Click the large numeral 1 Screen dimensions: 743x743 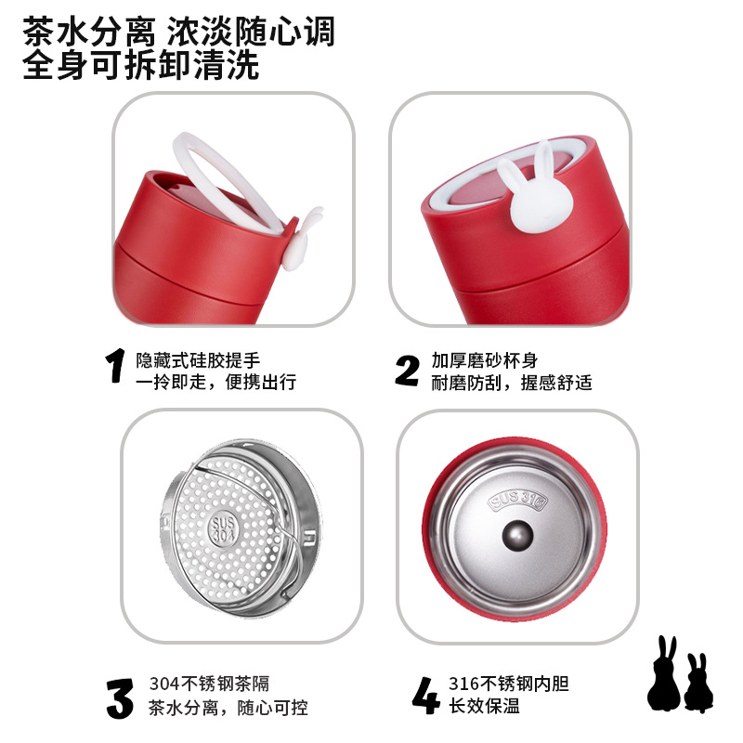coord(115,365)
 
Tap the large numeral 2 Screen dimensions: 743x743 coord(407,371)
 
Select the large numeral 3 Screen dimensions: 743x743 coord(120,698)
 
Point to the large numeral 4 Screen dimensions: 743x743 coord(425,695)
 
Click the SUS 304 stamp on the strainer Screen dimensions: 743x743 coord(223,529)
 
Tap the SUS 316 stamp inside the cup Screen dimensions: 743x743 coord(517,501)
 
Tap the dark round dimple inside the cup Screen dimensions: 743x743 coord(517,536)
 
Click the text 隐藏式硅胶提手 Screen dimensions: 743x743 coord(198,360)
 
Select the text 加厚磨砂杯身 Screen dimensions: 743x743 coord(484,360)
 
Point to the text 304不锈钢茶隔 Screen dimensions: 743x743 coord(210,684)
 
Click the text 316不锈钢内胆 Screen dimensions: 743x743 coord(508,684)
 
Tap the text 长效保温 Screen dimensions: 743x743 coord(484,706)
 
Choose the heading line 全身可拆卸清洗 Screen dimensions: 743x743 coord(141,64)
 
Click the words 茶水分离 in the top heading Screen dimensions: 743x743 coord(89,32)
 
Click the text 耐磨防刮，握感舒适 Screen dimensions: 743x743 coord(512,382)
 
